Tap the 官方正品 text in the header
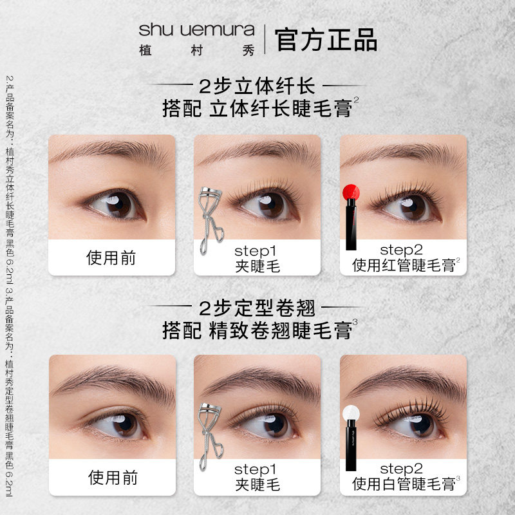click(326, 39)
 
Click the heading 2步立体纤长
click(258, 86)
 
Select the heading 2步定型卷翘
click(258, 307)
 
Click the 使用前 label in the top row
click(111, 258)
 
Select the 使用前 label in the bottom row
click(111, 478)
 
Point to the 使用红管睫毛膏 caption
click(405, 265)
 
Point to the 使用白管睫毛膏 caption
click(405, 485)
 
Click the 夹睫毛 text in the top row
click(257, 266)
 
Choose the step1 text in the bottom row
click(257, 469)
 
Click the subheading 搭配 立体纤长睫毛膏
click(257, 108)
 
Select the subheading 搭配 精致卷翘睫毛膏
click(257, 330)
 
